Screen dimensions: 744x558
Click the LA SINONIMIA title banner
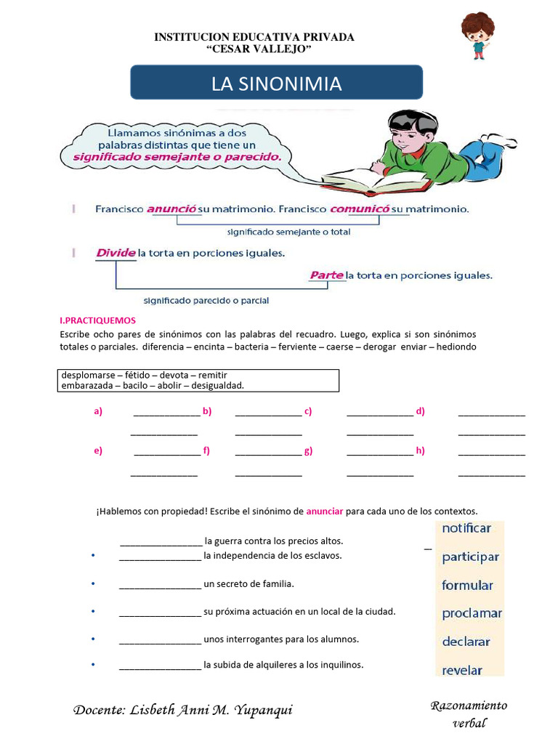coord(276,83)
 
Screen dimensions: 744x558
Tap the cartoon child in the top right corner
coord(477,34)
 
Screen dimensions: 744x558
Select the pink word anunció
coord(172,209)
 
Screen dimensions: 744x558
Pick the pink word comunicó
coord(356,209)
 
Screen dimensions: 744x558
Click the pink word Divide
coord(116,253)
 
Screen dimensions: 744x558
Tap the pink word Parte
coord(326,275)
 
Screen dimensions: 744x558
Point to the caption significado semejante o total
coord(288,232)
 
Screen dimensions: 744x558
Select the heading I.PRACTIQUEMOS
coord(97,320)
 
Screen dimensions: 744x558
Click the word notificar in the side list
coord(466,528)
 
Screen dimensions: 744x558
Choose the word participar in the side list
coord(470,557)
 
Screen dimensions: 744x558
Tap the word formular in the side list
coord(467,585)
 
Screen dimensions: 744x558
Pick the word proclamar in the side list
coord(472,613)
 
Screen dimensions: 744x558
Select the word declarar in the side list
coord(466,642)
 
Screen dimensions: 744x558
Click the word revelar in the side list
coord(462,670)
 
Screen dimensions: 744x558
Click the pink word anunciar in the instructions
coord(324,511)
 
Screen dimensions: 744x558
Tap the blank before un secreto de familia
coord(160,584)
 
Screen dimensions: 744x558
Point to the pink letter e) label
coord(98,450)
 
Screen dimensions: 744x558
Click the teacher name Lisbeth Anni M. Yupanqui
coord(183,710)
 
